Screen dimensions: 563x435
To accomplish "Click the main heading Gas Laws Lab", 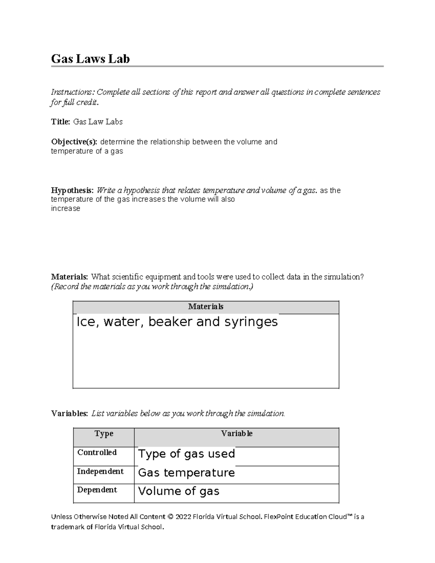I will point(90,59).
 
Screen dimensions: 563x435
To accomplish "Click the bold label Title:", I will point(61,122).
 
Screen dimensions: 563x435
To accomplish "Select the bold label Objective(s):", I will point(74,142).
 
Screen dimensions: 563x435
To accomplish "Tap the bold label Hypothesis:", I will point(72,190).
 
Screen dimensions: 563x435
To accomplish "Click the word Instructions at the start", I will point(72,92).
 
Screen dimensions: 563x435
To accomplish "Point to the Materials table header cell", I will point(206,307).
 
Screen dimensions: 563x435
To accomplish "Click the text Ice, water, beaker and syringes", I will point(177,322).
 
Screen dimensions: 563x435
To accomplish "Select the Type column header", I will point(104,434).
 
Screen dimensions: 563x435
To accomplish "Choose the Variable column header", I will point(236,434).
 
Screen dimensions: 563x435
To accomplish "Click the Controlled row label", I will point(97,452).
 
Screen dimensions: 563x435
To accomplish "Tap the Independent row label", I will point(100,471).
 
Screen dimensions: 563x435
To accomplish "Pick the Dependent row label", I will point(97,490).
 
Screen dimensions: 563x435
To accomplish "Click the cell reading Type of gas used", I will point(186,454).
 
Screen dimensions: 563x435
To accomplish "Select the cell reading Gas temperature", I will point(186,473).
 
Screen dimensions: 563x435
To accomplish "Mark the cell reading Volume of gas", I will point(178,491).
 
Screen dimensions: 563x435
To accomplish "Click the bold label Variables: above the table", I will point(69,414).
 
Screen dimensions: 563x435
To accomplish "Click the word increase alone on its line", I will point(65,208).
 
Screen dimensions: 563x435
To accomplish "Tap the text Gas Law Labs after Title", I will point(98,122).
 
